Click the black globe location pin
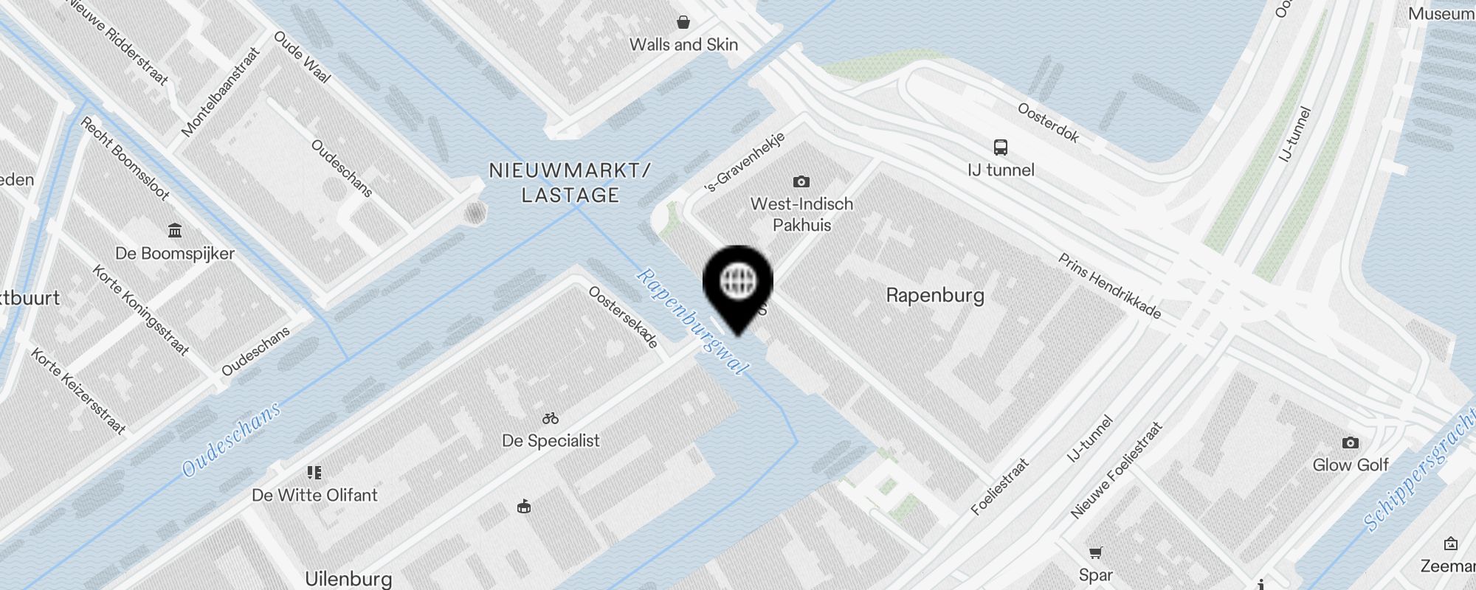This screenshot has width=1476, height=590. pyautogui.click(x=737, y=282)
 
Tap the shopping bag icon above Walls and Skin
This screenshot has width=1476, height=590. pyautogui.click(x=683, y=22)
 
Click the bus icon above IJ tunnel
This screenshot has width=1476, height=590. pyautogui.click(x=1000, y=147)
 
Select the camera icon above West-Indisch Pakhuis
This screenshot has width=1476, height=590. pyautogui.click(x=801, y=181)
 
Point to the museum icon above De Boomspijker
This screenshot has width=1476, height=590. pyautogui.click(x=175, y=231)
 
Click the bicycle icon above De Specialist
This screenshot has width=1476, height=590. pyautogui.click(x=551, y=418)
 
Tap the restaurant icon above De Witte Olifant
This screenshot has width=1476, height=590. pyautogui.click(x=314, y=473)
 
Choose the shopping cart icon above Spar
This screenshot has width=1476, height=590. pyautogui.click(x=1096, y=552)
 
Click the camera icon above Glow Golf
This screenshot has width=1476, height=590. pyautogui.click(x=1350, y=442)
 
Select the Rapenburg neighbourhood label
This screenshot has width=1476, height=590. pyautogui.click(x=935, y=296)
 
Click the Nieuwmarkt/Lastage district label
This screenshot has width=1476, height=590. pyautogui.click(x=570, y=183)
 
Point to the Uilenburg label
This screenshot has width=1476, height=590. pyautogui.click(x=348, y=579)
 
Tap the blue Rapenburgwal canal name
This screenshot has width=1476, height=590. pyautogui.click(x=692, y=322)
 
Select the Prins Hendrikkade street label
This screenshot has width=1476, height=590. pyautogui.click(x=1109, y=285)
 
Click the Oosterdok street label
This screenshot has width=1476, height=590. pyautogui.click(x=1048, y=122)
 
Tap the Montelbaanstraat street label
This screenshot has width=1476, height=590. pyautogui.click(x=221, y=92)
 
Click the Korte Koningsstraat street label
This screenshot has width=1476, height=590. pyautogui.click(x=140, y=310)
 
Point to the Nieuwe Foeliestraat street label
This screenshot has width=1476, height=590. pyautogui.click(x=1116, y=470)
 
